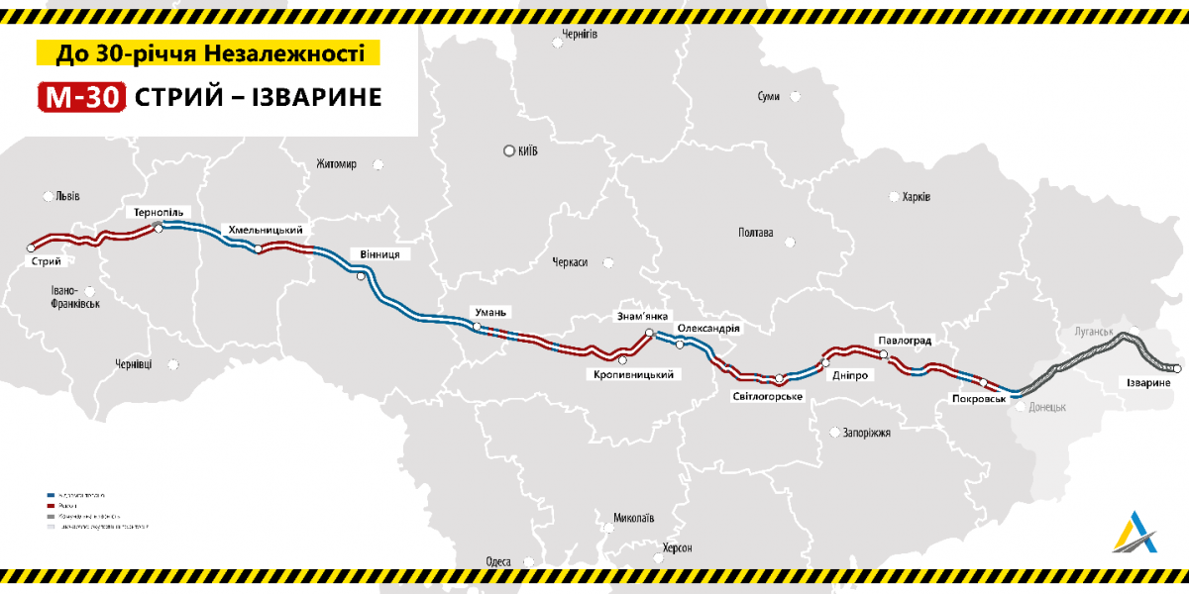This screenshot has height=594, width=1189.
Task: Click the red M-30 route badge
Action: (81, 96)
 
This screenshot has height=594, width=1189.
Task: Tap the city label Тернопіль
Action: (159, 213)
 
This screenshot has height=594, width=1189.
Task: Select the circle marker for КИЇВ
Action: (509, 151)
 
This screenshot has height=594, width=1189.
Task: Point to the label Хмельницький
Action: (265, 230)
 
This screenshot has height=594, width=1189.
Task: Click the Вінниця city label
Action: (380, 254)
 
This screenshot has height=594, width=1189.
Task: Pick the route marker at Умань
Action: (477, 327)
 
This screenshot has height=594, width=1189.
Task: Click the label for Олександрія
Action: (708, 328)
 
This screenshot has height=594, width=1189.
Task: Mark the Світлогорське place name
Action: (767, 396)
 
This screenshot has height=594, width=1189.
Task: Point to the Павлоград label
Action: (905, 341)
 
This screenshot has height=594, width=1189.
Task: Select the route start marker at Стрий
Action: (31, 248)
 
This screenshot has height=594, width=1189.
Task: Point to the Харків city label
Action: (916, 197)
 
